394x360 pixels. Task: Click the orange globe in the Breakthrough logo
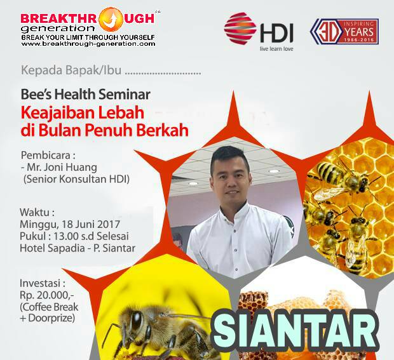[x=111, y=18]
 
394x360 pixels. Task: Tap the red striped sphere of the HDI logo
[x=240, y=28]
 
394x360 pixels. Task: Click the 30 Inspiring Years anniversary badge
[x=344, y=32]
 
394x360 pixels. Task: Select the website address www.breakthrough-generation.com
[x=88, y=44]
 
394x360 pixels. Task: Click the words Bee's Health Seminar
[x=85, y=95]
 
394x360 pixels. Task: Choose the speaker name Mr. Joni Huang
[x=62, y=167]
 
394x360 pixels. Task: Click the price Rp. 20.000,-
[x=47, y=295]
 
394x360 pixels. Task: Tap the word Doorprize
[x=51, y=318]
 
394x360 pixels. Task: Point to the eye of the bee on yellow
[x=137, y=321]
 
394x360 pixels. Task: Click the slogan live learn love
[x=276, y=49]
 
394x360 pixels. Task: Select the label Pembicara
[x=45, y=156]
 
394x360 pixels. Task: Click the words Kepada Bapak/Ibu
[x=71, y=70]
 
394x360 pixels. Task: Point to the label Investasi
[x=40, y=283]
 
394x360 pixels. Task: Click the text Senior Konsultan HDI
[x=76, y=179]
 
